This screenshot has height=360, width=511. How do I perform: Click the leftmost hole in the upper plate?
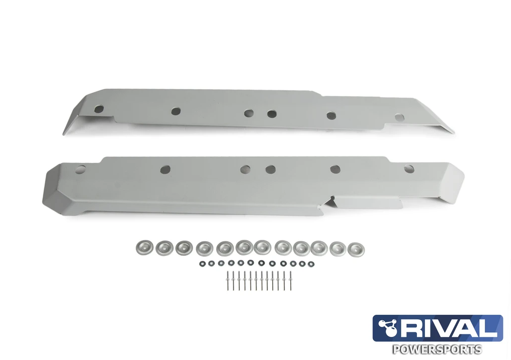(100, 109)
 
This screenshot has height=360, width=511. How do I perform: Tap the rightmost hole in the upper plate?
(399, 117)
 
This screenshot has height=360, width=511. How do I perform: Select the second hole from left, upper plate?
(176, 111)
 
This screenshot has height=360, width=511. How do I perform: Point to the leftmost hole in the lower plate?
(80, 169)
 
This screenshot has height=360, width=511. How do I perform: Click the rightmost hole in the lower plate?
(409, 169)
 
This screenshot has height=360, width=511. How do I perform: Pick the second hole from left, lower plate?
(165, 170)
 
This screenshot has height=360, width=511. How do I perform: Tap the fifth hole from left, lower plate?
(335, 170)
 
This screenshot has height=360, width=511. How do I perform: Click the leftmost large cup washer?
(144, 247)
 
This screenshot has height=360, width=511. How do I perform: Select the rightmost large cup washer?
(356, 249)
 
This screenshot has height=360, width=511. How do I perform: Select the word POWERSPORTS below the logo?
(437, 349)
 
